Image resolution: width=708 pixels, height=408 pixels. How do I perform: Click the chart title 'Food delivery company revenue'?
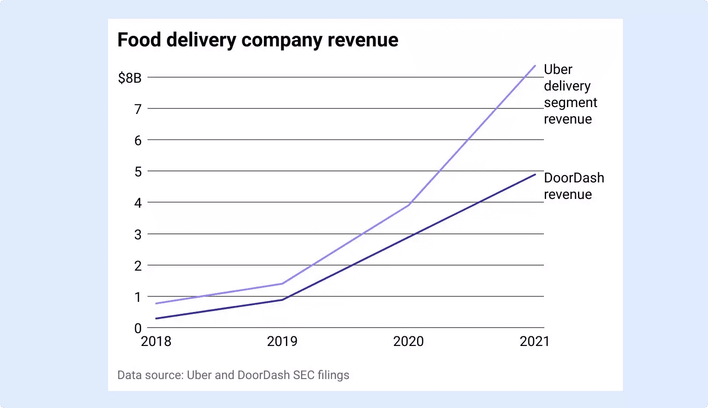pos(257,40)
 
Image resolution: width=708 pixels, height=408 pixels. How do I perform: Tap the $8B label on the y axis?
pos(130,78)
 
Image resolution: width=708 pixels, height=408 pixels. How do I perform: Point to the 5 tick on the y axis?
pos(138,172)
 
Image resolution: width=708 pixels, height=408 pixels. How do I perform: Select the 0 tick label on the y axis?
pos(138,328)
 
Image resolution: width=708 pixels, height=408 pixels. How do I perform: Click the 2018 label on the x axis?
pos(156,341)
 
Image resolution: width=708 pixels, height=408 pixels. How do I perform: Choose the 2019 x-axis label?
pos(282,341)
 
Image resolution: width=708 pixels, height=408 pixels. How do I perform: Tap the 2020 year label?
pos(408,341)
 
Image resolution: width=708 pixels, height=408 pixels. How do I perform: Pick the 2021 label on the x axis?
pos(534,341)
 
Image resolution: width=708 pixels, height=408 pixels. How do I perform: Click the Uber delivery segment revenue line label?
pos(570,94)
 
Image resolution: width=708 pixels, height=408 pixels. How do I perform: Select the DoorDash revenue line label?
pos(574,186)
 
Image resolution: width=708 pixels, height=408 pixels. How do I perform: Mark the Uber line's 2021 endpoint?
pos(535,66)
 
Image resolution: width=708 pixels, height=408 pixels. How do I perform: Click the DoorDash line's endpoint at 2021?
pos(535,175)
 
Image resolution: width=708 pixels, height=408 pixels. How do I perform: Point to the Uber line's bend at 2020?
pos(409,205)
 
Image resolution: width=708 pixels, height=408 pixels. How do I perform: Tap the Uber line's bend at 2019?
pos(282,283)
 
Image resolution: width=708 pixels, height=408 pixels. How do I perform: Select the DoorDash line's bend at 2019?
pos(282,300)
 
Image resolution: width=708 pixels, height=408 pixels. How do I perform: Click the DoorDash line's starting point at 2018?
pos(156,318)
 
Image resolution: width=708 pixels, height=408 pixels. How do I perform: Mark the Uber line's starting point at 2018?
pos(156,303)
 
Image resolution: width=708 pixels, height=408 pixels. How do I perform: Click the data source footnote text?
pos(233,375)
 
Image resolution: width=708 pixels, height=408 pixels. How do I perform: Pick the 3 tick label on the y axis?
pos(138,235)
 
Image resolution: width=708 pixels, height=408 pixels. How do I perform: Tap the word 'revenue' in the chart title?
pos(363,40)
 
